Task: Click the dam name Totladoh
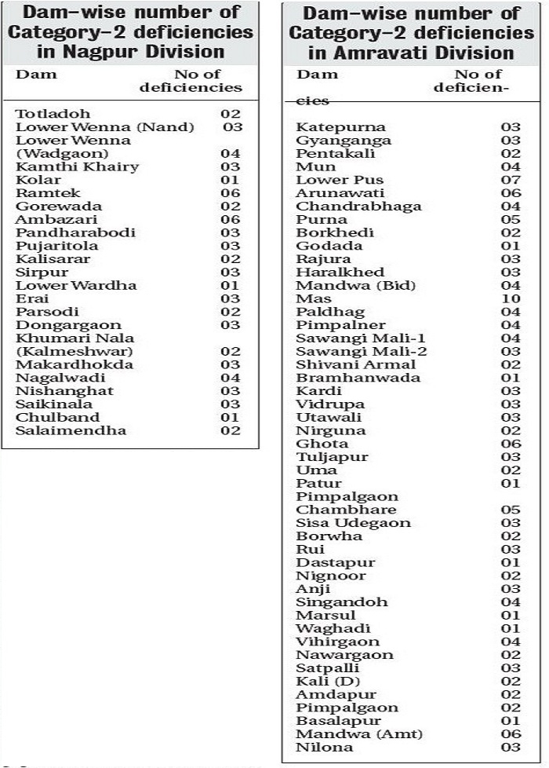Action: coord(53,114)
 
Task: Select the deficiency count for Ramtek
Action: coord(230,193)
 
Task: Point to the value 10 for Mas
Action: coord(511,298)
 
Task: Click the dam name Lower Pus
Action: coord(329,180)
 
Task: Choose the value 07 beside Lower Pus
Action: coord(511,180)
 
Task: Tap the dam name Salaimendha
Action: coord(71,430)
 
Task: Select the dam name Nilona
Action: coord(324,747)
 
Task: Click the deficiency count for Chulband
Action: coord(230,417)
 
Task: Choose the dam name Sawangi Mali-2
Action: coord(361,351)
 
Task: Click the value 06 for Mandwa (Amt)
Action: coord(511,733)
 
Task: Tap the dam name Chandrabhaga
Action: coord(358,207)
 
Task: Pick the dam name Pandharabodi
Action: coord(75,232)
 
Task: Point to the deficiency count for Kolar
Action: coord(230,180)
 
